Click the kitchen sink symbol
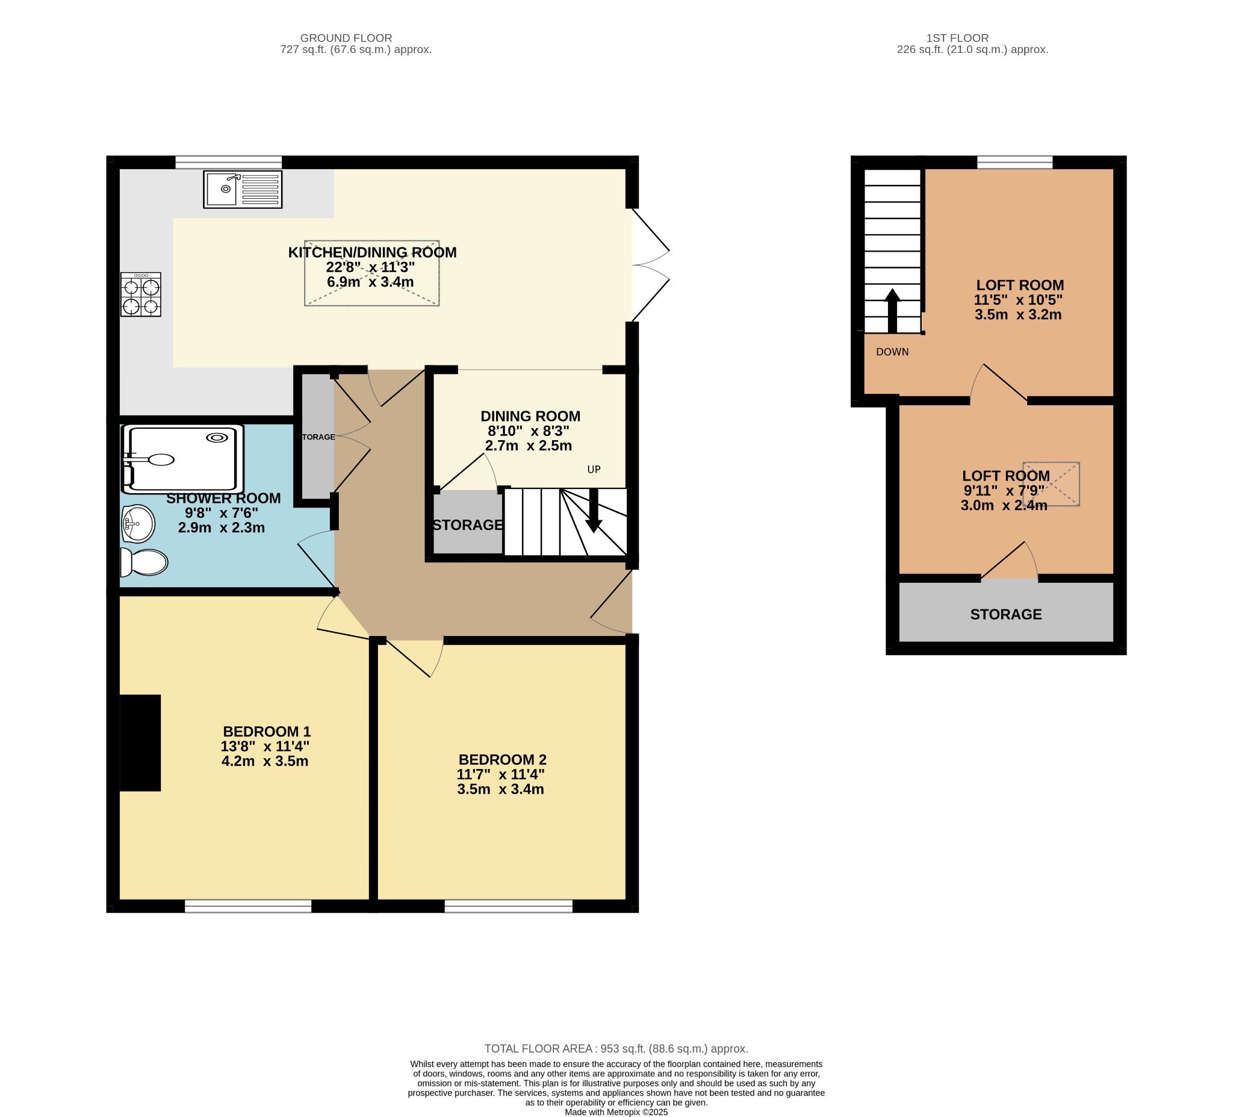pyautogui.click(x=242, y=189)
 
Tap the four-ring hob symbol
pyautogui.click(x=141, y=294)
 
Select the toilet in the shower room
pyautogui.click(x=145, y=562)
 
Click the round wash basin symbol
pyautogui.click(x=138, y=524)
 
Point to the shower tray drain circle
pyautogui.click(x=217, y=437)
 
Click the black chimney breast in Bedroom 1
pyautogui.click(x=140, y=742)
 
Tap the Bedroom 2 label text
pyautogui.click(x=502, y=759)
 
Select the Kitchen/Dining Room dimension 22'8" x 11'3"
pyautogui.click(x=370, y=267)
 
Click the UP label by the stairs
pyautogui.click(x=594, y=469)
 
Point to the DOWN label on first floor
pyautogui.click(x=892, y=352)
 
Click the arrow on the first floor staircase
pyautogui.click(x=892, y=310)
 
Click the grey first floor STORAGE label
pyautogui.click(x=1005, y=614)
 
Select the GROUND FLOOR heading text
pyautogui.click(x=346, y=38)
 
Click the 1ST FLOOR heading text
pyautogui.click(x=957, y=38)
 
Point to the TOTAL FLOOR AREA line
pyautogui.click(x=616, y=1048)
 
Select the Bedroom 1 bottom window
pyautogui.click(x=247, y=906)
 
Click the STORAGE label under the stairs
pyautogui.click(x=468, y=525)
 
